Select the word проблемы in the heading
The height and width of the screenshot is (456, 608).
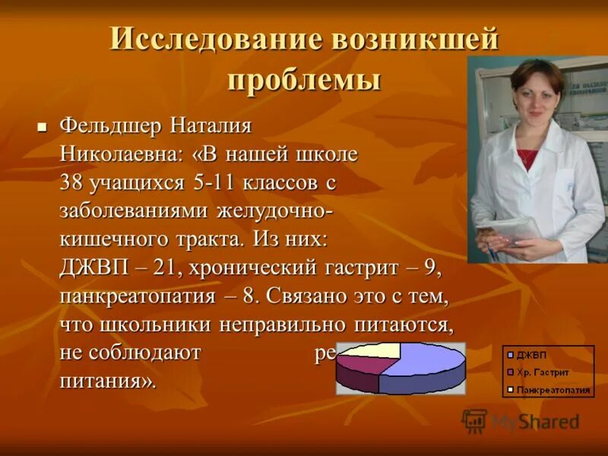[x=305, y=80]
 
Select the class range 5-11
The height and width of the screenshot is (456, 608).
[x=214, y=183]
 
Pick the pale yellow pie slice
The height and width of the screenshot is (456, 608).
[x=373, y=350]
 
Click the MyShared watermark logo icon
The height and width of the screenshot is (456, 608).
[x=474, y=420]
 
